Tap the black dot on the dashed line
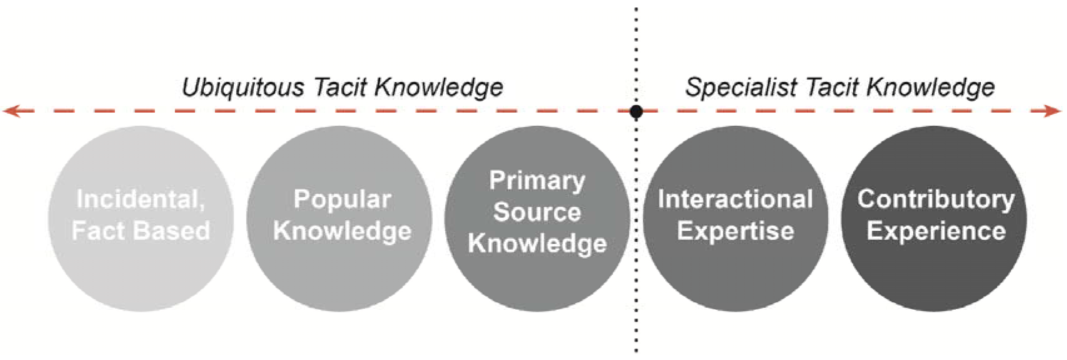636,111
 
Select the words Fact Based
141,231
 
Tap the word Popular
342,199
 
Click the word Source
537,212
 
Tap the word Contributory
936,199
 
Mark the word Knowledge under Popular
342,231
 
